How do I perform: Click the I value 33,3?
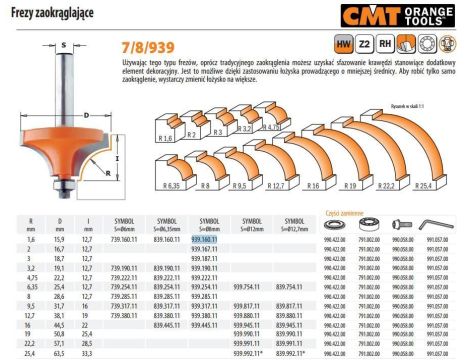tap(88, 353)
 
